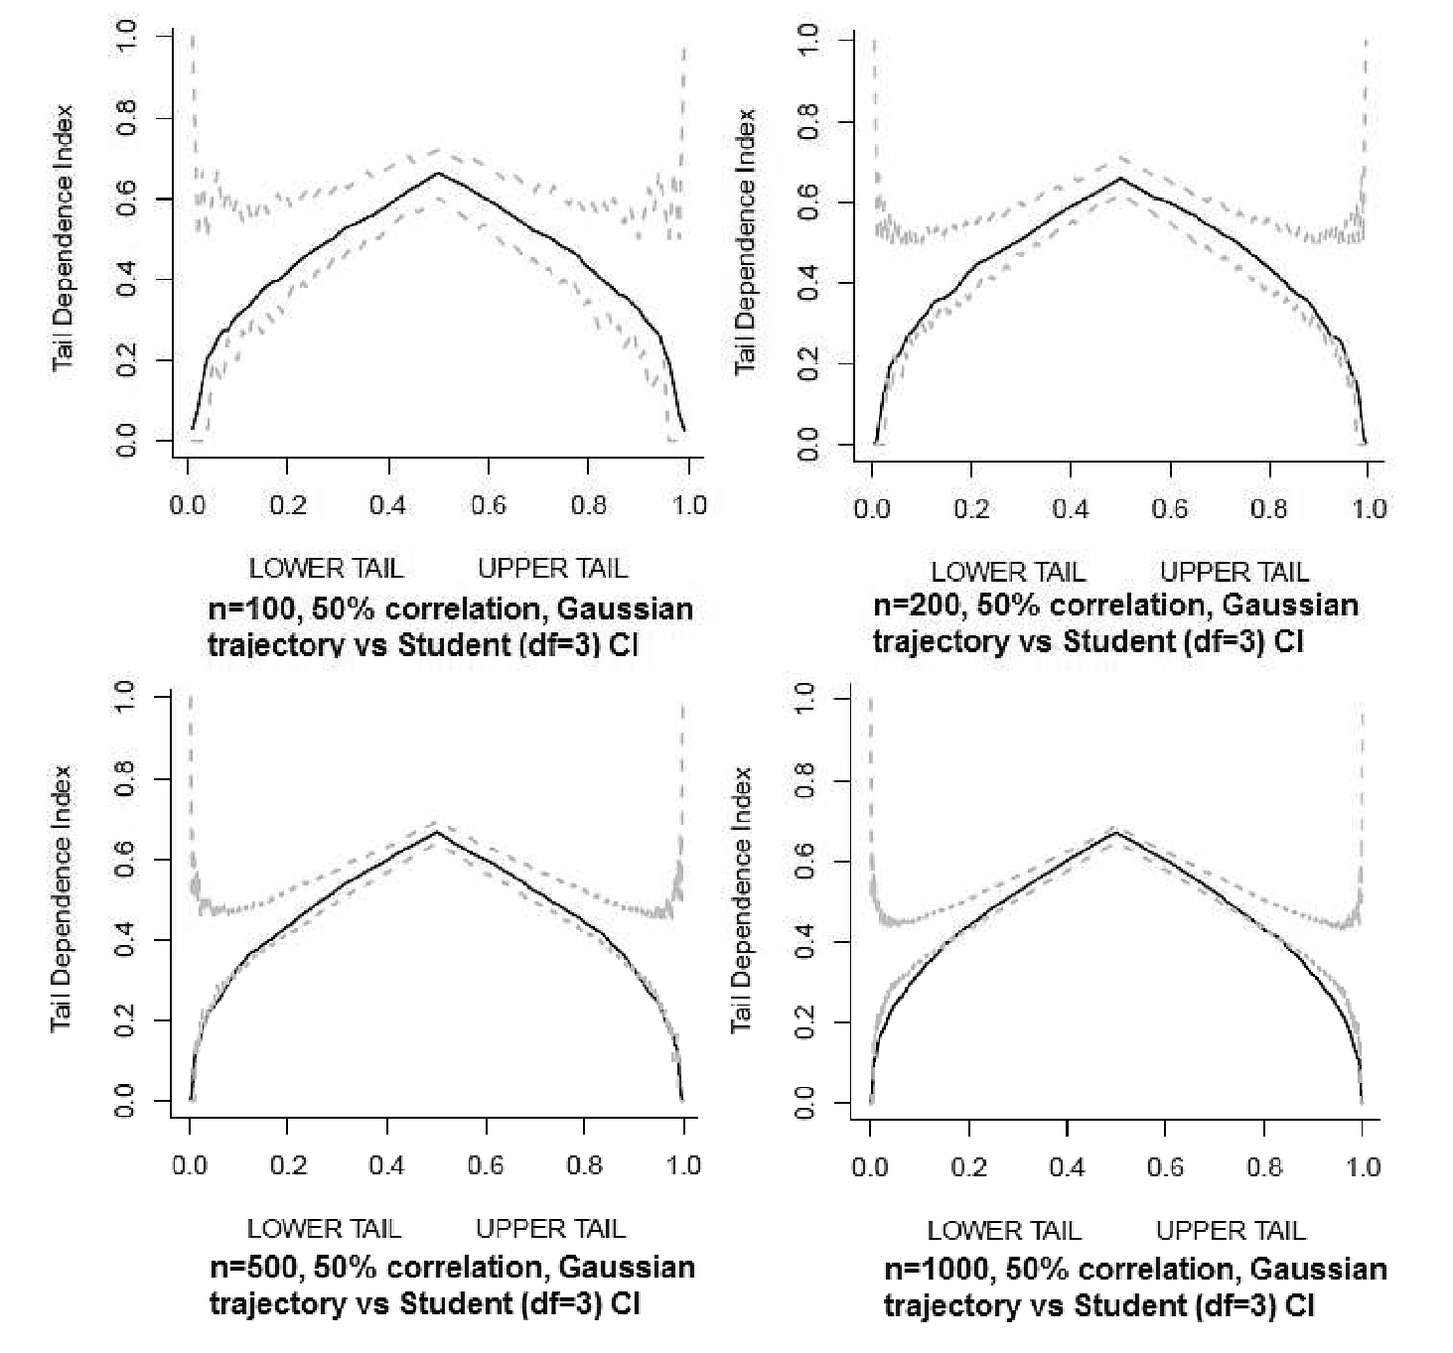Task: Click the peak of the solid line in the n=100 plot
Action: pos(437,174)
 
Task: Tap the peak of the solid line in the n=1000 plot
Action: pos(1115,832)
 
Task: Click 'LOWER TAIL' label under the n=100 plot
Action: pos(326,569)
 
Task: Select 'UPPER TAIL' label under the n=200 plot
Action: pos(1235,572)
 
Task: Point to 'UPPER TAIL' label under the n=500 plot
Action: pos(550,1229)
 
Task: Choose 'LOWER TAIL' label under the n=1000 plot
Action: pos(1003,1231)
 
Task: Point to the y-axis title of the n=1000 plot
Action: pos(743,899)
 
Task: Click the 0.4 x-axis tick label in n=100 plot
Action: pos(387,505)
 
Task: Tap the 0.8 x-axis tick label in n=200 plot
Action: pos(1269,508)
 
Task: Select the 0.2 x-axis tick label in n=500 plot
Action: pos(288,1164)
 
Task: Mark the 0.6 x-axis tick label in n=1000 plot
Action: pos(1165,1166)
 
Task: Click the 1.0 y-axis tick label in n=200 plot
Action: pos(808,39)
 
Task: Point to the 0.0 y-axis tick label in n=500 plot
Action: pos(125,1101)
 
